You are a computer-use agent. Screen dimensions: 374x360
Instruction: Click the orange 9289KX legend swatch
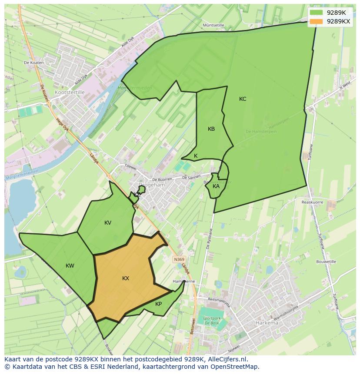click(317, 21)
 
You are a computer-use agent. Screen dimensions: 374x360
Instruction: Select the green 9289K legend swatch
click(317, 13)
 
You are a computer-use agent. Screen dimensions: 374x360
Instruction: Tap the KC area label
click(243, 99)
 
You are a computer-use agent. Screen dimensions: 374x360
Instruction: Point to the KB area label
click(211, 129)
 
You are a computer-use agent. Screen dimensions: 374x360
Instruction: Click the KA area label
click(216, 186)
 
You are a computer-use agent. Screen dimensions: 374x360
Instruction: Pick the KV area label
click(108, 223)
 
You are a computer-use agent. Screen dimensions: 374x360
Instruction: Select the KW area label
click(70, 266)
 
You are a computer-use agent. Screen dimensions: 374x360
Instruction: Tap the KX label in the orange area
click(126, 278)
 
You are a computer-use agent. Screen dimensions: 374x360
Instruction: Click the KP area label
click(158, 304)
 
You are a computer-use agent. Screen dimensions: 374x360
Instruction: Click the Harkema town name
click(267, 323)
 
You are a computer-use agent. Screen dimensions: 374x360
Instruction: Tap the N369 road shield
click(179, 259)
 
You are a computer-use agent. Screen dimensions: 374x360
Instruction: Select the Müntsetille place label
click(213, 25)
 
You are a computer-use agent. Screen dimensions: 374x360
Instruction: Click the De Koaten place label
click(34, 63)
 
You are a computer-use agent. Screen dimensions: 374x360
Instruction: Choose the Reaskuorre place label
click(312, 202)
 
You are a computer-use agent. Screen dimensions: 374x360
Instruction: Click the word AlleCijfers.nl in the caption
click(226, 359)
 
